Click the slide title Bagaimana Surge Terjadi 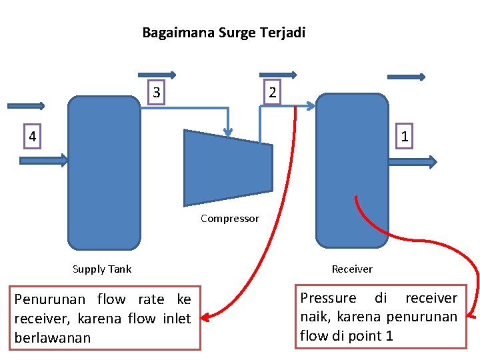pos(223,32)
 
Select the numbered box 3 pos(157,92)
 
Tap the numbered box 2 pos(272,92)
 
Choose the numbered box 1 pos(405,137)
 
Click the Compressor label pos(229,219)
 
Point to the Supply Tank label pos(101,269)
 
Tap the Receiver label pos(352,269)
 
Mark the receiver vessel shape pos(351,170)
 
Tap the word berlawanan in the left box pos(52,337)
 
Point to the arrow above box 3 pos(157,75)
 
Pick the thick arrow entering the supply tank pos(44,160)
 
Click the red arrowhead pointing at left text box pos(206,317)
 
